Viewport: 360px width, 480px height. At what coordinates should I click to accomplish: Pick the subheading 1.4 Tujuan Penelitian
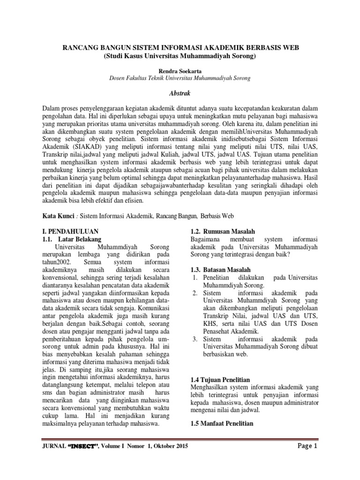tap(220, 379)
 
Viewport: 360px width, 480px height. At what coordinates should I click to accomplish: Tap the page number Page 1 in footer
tap(307, 446)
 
